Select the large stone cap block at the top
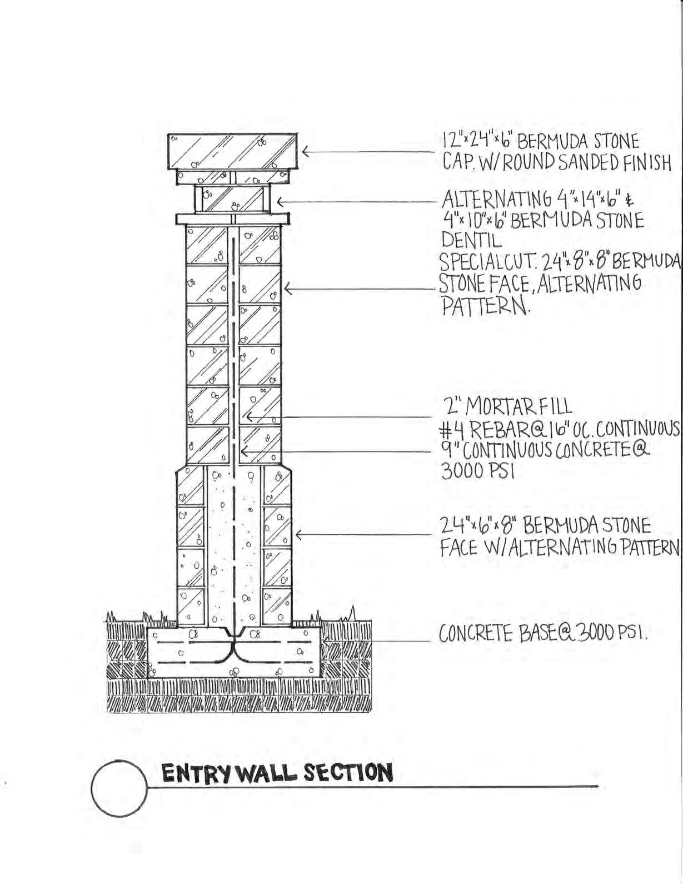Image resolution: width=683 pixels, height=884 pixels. point(233,151)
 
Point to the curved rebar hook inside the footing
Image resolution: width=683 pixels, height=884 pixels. point(233,646)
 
